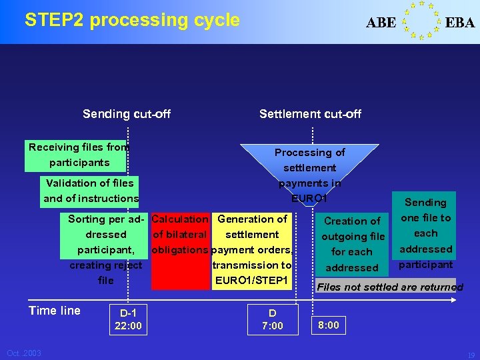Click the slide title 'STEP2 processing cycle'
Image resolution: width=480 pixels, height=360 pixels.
pyautogui.click(x=132, y=20)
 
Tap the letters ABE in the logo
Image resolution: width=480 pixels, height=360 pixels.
pyautogui.click(x=381, y=23)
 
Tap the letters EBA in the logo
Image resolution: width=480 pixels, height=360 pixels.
pyautogui.click(x=460, y=23)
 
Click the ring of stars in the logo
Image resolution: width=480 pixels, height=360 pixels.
pyautogui.click(x=421, y=20)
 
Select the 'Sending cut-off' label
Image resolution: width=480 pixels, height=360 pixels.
pyautogui.click(x=127, y=114)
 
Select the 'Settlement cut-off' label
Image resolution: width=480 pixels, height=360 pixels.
pyautogui.click(x=310, y=114)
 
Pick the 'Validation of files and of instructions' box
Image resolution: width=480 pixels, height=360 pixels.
pyautogui.click(x=91, y=191)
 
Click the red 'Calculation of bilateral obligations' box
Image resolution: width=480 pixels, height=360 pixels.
pyautogui.click(x=180, y=250)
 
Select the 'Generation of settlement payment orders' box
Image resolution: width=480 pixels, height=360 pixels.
pyautogui.click(x=253, y=250)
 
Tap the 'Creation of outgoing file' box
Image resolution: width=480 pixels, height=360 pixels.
pyautogui.click(x=353, y=244)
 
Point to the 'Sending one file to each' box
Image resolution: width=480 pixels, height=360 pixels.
pyautogui.click(x=426, y=233)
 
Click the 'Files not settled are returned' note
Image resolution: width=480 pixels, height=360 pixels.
pyautogui.click(x=389, y=287)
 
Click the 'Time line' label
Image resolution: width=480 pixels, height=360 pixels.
pyautogui.click(x=55, y=311)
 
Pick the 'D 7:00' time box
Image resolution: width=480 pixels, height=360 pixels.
pyautogui.click(x=272, y=319)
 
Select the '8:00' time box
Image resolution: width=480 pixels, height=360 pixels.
pyautogui.click(x=328, y=325)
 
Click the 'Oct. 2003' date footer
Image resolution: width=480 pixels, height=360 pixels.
pyautogui.click(x=24, y=353)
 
